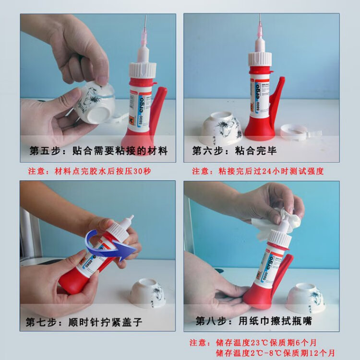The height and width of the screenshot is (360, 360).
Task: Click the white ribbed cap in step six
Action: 260,59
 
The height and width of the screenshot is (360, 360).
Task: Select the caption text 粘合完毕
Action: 255,151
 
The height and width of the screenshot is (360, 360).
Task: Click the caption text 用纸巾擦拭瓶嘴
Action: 275,321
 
